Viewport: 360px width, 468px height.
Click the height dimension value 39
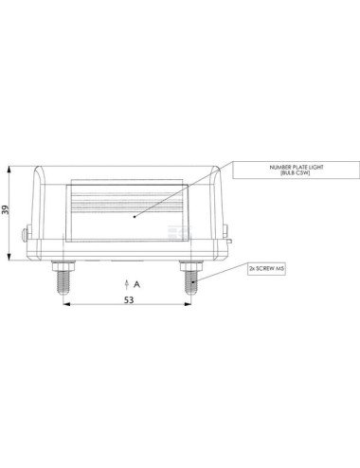6,209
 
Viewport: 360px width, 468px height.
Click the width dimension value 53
129,300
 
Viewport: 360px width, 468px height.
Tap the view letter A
136,284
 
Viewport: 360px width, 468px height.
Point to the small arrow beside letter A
127,284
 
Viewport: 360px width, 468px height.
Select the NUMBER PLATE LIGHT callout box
296,170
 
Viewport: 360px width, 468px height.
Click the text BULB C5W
296,172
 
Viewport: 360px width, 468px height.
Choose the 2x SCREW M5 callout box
266,269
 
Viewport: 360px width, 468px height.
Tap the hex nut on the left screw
63,266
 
